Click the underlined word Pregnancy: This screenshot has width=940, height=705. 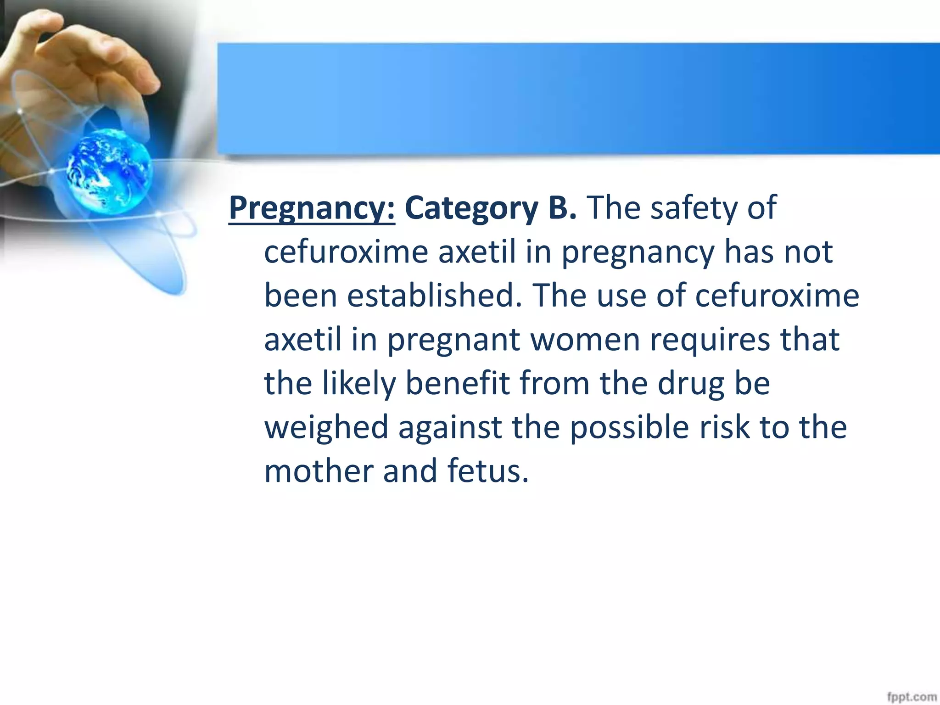pyautogui.click(x=312, y=209)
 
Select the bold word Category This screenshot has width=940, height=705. pyautogui.click(x=471, y=209)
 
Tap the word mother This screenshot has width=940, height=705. pyautogui.click(x=319, y=471)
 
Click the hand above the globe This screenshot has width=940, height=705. pyautogui.click(x=83, y=60)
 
